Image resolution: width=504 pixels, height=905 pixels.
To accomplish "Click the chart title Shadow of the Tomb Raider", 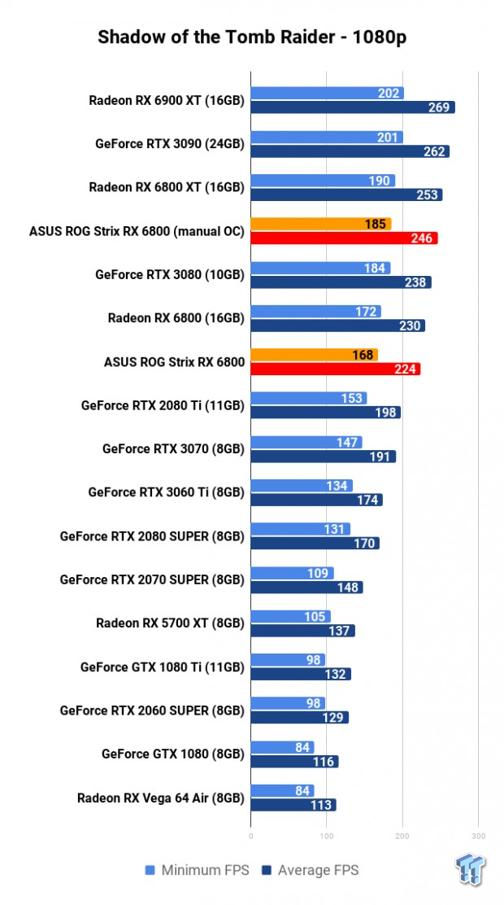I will tap(251, 37).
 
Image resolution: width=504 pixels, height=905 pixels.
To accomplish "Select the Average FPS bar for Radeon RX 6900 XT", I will tap(352, 107).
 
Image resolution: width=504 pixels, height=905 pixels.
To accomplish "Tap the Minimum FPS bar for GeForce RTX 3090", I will tap(327, 138).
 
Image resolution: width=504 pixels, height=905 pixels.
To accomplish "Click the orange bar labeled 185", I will tap(320, 224).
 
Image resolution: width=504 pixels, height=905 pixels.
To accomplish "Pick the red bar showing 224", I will tap(335, 369).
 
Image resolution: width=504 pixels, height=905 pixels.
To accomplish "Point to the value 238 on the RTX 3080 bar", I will tap(415, 282).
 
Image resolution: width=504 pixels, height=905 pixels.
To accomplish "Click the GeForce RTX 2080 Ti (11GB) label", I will tap(163, 405).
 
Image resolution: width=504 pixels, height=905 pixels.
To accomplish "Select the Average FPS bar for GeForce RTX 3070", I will tap(323, 457).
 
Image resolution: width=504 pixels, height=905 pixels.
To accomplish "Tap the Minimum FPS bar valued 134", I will tap(301, 486).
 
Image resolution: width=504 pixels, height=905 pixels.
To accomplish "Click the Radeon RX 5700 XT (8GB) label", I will tap(170, 623).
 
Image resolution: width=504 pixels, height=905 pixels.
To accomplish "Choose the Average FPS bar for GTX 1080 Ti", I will tap(301, 674).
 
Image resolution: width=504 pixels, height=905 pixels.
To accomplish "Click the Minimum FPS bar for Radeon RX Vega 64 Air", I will tap(282, 790).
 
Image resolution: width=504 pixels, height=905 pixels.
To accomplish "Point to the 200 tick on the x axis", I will tap(402, 835).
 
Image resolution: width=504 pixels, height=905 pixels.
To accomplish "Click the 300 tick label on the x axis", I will tap(478, 835).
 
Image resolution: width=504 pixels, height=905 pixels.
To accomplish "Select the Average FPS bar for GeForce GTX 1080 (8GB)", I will tap(294, 762).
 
